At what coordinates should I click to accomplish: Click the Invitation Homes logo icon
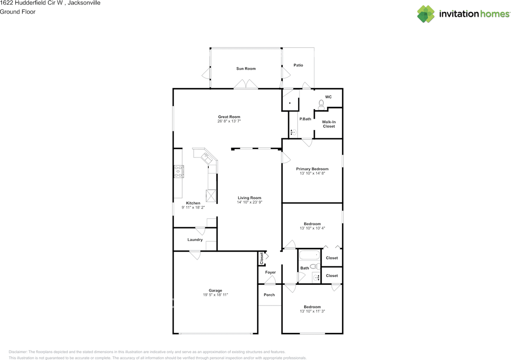(426, 14)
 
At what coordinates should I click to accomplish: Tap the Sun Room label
(246, 69)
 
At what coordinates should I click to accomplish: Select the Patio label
(298, 65)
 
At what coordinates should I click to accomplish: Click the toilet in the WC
(322, 104)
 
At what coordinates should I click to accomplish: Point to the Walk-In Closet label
(329, 124)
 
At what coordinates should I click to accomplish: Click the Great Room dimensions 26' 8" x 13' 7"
(229, 121)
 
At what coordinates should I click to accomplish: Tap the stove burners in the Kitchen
(178, 171)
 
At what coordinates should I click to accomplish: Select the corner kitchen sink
(208, 157)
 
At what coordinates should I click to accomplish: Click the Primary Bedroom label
(312, 169)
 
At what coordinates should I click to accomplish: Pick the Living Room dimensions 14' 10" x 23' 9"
(250, 202)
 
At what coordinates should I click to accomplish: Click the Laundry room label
(195, 240)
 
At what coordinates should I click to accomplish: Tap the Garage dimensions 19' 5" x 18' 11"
(215, 295)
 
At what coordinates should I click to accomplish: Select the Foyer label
(270, 272)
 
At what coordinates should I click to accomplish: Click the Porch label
(269, 295)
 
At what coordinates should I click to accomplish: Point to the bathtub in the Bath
(309, 254)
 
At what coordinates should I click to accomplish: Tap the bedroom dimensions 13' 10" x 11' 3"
(312, 311)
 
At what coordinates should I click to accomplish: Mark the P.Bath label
(305, 119)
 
